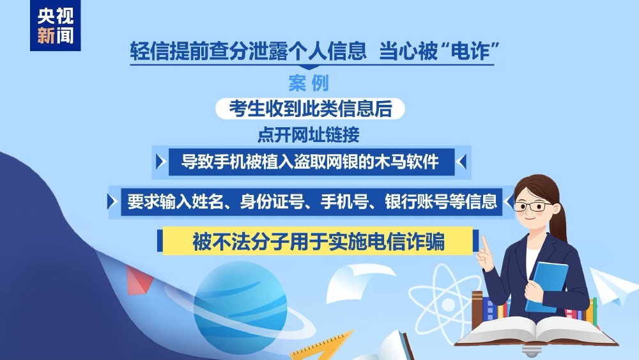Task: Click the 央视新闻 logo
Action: pyautogui.click(x=56, y=26)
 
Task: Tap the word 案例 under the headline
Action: pyautogui.click(x=309, y=83)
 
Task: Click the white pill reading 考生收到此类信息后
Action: pyautogui.click(x=310, y=109)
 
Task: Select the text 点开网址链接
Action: pyautogui.click(x=309, y=134)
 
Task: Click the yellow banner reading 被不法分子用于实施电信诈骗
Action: pyautogui.click(x=318, y=241)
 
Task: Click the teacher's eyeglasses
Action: pyautogui.click(x=533, y=207)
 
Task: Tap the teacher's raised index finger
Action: pyautogui.click(x=485, y=245)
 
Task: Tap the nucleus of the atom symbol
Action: pyautogui.click(x=448, y=304)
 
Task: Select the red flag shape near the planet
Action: pyautogui.click(x=139, y=279)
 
